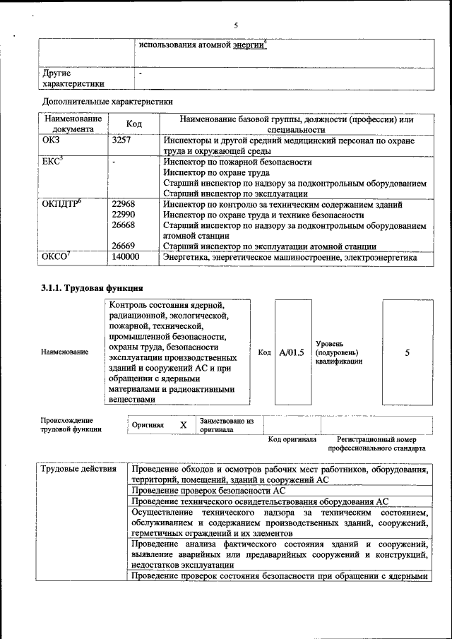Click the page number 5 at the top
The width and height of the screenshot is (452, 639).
236,25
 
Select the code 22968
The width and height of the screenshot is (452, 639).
123,205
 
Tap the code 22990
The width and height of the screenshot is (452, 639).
123,215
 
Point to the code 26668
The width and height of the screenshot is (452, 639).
123,226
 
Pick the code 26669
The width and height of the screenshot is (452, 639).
123,246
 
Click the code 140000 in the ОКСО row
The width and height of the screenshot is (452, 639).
126,258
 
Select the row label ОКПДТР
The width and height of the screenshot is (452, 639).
62,205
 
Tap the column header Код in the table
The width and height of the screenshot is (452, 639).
133,124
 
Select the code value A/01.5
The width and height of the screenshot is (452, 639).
291,352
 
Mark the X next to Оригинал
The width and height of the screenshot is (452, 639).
183,425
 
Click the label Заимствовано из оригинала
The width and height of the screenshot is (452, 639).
227,424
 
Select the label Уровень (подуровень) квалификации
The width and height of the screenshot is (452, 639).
338,352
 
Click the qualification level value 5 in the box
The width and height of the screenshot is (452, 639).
407,352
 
